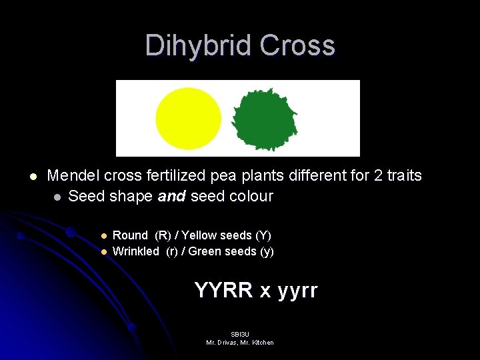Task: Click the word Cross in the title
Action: [297, 45]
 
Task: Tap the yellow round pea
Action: [188, 118]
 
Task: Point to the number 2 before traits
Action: [377, 176]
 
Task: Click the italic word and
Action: [173, 197]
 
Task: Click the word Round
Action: [130, 235]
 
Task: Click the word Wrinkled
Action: [136, 251]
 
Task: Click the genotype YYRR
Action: [224, 291]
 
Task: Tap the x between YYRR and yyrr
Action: [265, 291]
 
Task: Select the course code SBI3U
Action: [239, 334]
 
